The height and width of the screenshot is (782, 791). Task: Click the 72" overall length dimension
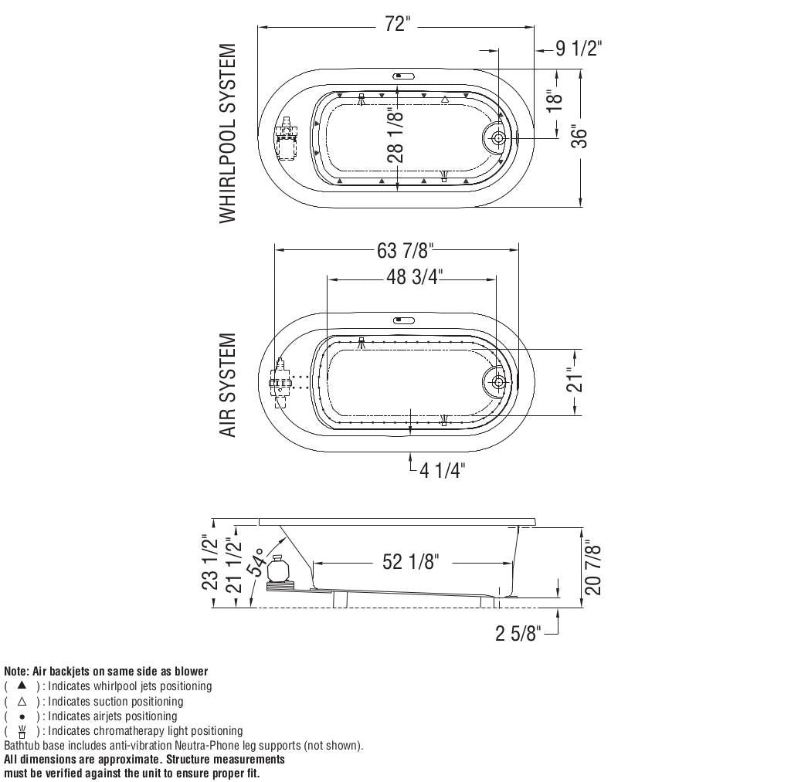coord(398,24)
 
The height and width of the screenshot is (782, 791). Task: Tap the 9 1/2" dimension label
coord(579,49)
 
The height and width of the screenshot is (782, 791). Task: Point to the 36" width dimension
coord(580,137)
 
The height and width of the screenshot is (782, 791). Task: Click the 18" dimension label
coord(555,104)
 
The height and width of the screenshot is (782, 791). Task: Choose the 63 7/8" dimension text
coord(405,250)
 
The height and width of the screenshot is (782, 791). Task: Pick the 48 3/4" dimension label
coord(414,277)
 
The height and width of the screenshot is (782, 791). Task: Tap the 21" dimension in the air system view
coord(575,380)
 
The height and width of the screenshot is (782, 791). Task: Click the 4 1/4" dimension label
coord(443,471)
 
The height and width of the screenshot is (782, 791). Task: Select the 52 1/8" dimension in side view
coord(411,562)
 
